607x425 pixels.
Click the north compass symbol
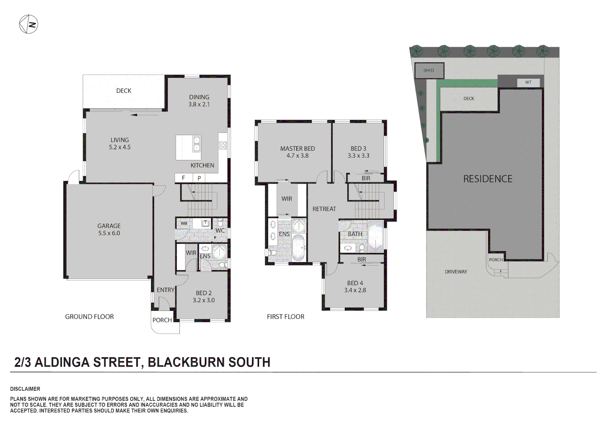tap(28, 24)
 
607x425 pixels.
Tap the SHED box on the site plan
tap(429, 71)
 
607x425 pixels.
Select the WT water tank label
tap(528, 82)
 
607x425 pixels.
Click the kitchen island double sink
tap(196, 144)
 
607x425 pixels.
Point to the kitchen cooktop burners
tap(223, 145)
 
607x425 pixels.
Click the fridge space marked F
tap(183, 178)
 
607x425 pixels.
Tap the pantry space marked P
tap(199, 178)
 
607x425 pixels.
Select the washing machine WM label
tap(184, 224)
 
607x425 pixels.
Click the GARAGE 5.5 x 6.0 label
tap(109, 229)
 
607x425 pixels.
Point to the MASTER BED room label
tap(298, 149)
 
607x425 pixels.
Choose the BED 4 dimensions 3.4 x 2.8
tap(355, 290)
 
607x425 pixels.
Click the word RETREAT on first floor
tap(324, 209)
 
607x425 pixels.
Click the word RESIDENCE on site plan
tap(488, 179)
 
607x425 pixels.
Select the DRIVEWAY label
tap(456, 272)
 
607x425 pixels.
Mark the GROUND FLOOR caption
tap(89, 317)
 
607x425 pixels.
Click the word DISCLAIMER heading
tap(25, 389)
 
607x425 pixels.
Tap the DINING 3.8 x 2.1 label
tap(199, 101)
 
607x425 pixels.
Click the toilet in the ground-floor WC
tap(220, 223)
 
